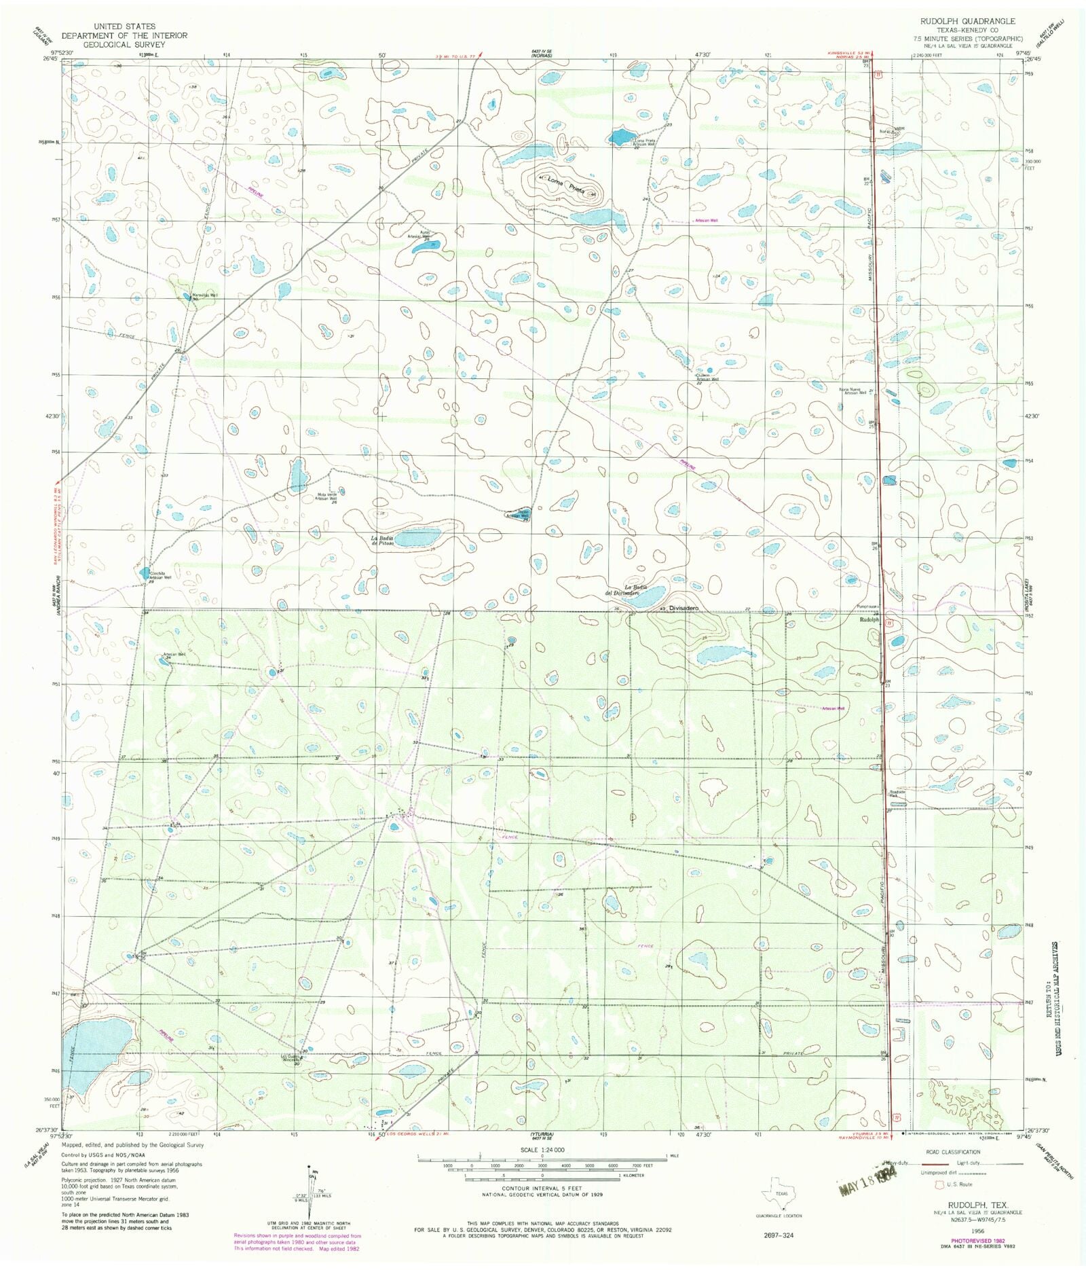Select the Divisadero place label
683,609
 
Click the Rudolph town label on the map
869,620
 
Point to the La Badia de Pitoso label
382,540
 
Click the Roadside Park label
897,793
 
